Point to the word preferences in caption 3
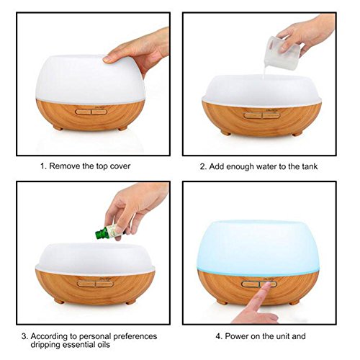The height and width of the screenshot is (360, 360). pyautogui.click(x=135, y=336)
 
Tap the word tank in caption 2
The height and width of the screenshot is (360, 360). pyautogui.click(x=309, y=166)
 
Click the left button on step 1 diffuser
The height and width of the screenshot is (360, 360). pyautogui.click(x=83, y=112)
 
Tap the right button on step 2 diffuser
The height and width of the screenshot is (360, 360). pyautogui.click(x=271, y=116)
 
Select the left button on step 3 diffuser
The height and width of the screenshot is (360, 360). pyautogui.click(x=86, y=284)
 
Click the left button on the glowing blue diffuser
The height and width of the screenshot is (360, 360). pyautogui.click(x=251, y=284)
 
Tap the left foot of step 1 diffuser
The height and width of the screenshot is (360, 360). pyautogui.click(x=58, y=127)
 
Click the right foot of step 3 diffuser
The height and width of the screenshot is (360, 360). pyautogui.click(x=131, y=302)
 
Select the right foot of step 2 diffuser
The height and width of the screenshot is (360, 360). pyautogui.click(x=297, y=133)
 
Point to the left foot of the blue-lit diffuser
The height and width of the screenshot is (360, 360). pyautogui.click(x=222, y=302)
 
